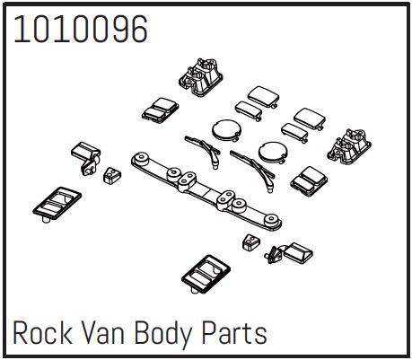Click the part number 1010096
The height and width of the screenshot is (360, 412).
81,29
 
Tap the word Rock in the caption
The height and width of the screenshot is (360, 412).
42,332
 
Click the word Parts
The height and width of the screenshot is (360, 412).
234,332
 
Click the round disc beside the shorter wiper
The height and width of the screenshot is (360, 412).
226,130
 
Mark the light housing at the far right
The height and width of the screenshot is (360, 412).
349,146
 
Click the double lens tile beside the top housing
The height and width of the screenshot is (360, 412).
160,110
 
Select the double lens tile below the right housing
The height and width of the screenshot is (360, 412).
309,181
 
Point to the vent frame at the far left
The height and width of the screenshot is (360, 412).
57,205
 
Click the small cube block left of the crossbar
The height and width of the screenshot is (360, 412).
112,175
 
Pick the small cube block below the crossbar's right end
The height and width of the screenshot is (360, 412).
251,241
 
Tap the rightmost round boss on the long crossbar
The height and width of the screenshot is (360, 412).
271,221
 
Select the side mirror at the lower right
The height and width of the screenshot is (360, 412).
289,253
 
